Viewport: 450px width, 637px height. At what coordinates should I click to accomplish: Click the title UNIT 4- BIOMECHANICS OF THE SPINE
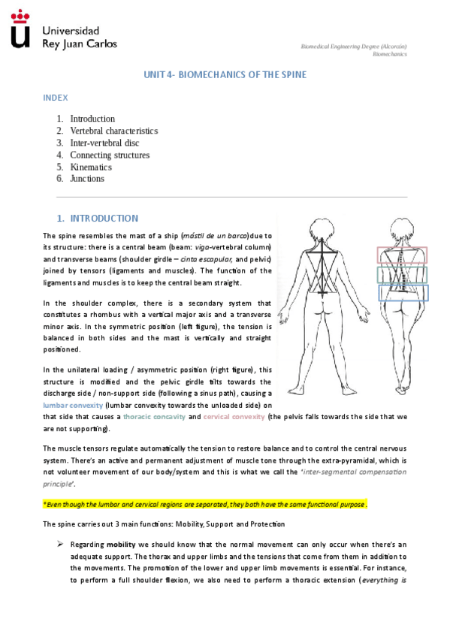pos(225,75)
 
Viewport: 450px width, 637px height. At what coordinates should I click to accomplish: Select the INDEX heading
pos(56,98)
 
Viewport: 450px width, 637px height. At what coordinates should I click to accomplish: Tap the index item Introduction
pos(92,119)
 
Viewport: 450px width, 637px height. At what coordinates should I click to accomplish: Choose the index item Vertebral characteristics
pos(113,131)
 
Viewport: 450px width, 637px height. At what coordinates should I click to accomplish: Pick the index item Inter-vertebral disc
pos(104,143)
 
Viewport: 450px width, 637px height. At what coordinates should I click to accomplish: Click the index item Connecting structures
pos(110,155)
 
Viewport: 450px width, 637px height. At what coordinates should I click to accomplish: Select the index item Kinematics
pos(91,167)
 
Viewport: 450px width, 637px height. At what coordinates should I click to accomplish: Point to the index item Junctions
pos(87,179)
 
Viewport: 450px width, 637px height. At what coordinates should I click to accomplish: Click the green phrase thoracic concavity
pos(154,416)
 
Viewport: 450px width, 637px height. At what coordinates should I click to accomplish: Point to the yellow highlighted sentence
pos(204,504)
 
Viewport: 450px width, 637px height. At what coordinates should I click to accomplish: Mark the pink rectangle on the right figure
pos(402,255)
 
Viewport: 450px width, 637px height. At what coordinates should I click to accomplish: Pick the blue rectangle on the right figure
pos(403,293)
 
